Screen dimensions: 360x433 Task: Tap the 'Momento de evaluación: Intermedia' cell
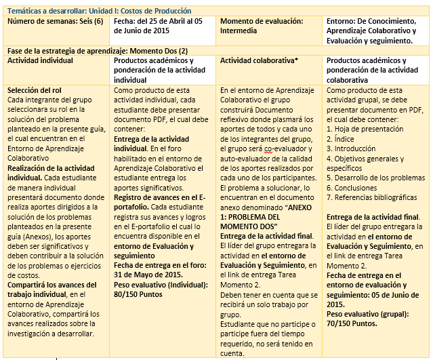coord(264,26)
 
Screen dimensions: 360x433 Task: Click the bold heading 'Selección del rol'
coord(36,91)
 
